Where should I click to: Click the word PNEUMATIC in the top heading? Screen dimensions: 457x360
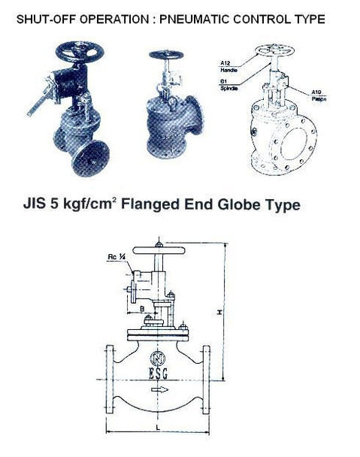click(x=204, y=17)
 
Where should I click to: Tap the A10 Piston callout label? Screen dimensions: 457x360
click(x=320, y=95)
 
